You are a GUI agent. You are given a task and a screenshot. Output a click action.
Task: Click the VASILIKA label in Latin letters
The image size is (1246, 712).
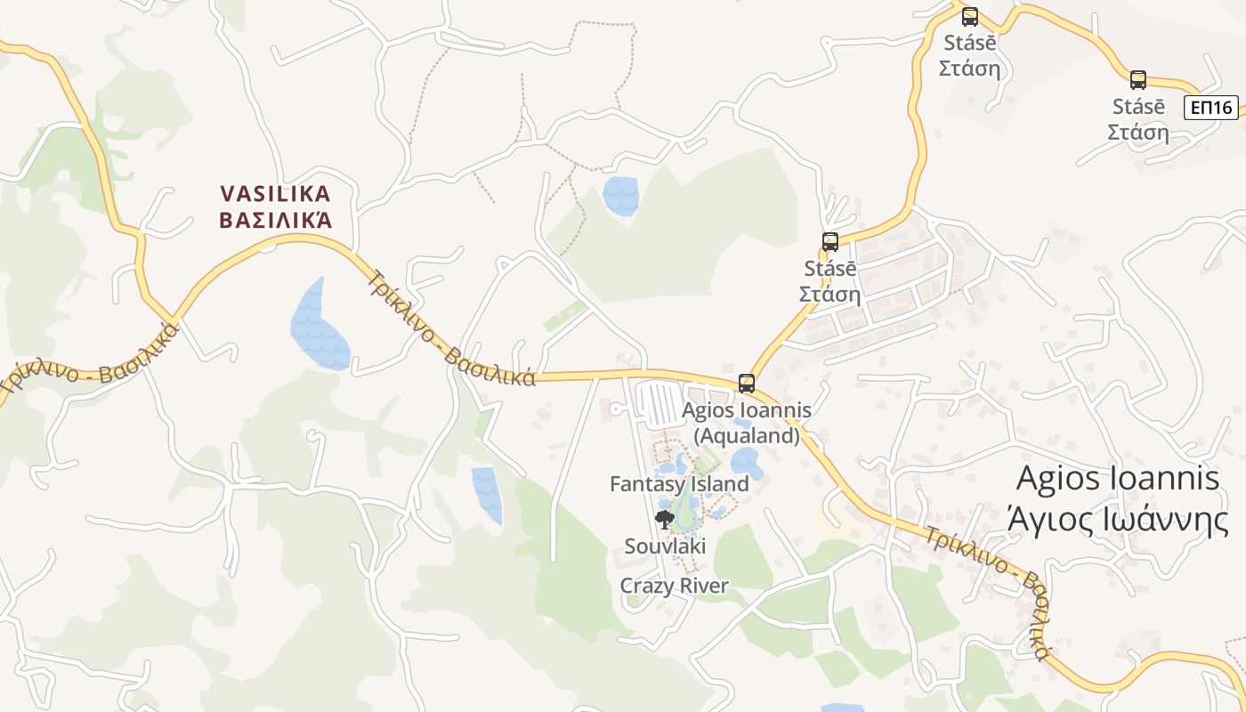(x=275, y=193)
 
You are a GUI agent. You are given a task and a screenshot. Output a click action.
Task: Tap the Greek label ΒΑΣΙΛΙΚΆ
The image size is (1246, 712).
(x=275, y=219)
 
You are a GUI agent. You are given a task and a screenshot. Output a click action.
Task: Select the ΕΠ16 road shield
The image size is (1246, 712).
(x=1211, y=108)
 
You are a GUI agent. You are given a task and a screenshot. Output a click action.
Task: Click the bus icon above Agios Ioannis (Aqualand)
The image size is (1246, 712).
(x=747, y=384)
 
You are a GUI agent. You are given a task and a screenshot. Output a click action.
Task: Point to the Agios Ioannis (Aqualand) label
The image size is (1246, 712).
(x=746, y=423)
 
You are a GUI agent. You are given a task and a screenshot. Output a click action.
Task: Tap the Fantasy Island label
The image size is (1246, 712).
(x=679, y=484)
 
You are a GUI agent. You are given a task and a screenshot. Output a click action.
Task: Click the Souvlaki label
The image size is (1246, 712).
(x=665, y=546)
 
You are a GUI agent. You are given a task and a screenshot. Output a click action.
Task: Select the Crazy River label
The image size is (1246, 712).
(x=675, y=586)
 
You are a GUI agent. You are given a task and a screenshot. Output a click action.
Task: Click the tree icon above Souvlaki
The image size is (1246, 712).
(x=664, y=520)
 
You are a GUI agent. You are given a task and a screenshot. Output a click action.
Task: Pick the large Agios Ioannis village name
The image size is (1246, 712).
(x=1118, y=478)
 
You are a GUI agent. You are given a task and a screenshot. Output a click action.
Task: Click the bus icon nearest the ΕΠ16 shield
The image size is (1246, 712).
(x=1138, y=80)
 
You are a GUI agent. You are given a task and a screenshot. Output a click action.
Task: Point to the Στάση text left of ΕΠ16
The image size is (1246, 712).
(x=1138, y=132)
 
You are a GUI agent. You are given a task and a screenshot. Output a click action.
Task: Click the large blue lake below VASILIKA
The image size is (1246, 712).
(x=319, y=325)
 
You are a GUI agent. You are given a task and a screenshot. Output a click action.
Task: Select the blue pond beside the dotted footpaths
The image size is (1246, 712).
(x=620, y=196)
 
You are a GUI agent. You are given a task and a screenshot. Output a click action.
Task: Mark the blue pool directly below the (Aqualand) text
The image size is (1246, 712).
(x=744, y=462)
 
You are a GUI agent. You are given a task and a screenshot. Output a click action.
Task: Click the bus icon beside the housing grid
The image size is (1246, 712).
(x=830, y=241)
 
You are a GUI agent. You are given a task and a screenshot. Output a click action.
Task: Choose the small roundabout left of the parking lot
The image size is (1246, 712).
(x=614, y=409)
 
